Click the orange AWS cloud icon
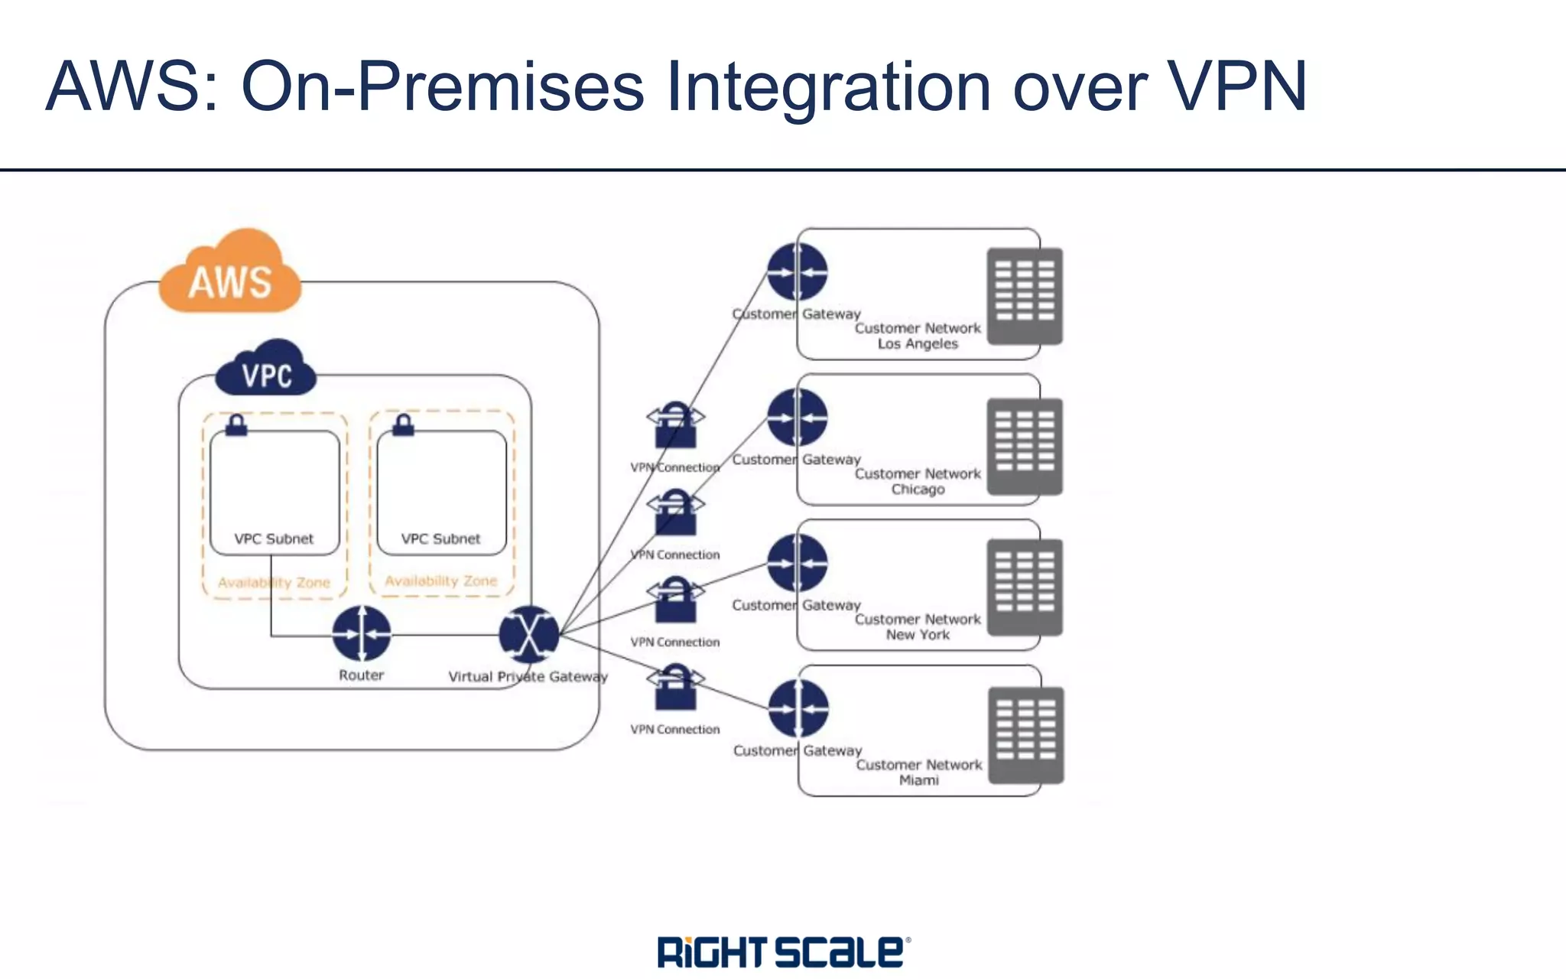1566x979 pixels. click(230, 274)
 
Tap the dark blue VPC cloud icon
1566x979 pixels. click(266, 370)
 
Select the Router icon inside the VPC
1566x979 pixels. click(362, 633)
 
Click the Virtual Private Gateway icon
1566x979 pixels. click(528, 634)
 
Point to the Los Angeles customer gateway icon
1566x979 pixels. click(798, 272)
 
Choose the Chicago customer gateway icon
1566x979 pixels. click(798, 417)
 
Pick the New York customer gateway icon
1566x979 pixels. click(798, 563)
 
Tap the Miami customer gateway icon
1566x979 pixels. click(798, 708)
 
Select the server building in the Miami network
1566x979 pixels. click(1025, 735)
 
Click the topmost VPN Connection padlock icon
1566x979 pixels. click(675, 426)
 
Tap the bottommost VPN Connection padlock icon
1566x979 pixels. click(675, 687)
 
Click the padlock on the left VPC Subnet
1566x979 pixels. click(236, 425)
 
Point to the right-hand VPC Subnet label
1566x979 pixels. click(440, 538)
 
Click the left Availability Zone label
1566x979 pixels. click(274, 583)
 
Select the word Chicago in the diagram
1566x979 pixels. click(918, 489)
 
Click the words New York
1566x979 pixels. click(918, 635)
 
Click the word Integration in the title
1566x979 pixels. click(829, 87)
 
